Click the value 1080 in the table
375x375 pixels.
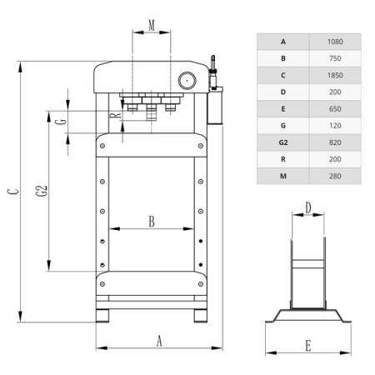[335, 42]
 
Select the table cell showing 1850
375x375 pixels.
[335, 75]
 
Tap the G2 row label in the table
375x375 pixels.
[283, 142]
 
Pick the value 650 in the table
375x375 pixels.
[335, 109]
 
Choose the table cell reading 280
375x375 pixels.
[335, 176]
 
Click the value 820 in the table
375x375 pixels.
[335, 142]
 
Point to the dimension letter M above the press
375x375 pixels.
[152, 25]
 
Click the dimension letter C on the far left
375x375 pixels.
[12, 192]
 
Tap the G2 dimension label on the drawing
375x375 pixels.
[42, 191]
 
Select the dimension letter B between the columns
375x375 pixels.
[152, 222]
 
